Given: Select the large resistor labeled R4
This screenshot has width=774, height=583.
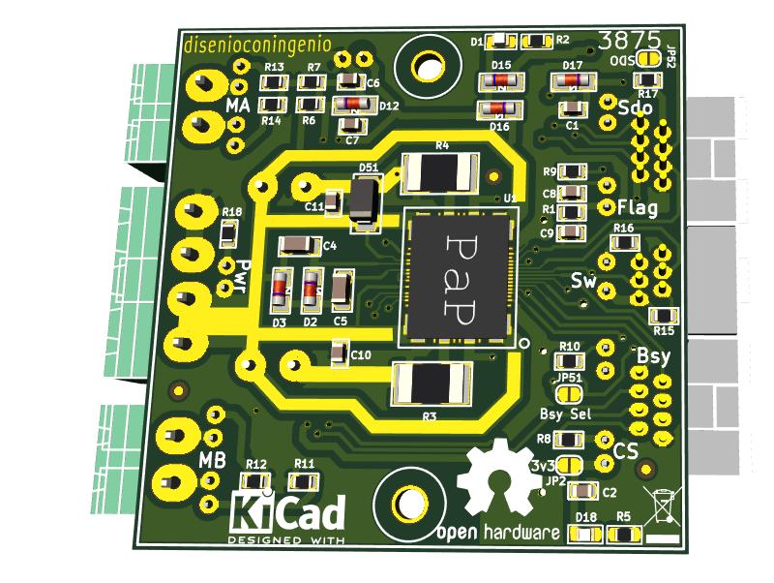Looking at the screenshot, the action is (440, 172).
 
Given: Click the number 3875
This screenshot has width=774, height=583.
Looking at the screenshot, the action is (630, 41).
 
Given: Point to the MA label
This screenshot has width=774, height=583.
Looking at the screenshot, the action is (237, 104).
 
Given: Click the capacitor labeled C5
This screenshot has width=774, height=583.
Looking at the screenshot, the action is (341, 289).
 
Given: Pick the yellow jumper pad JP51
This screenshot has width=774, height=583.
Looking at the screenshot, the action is (569, 393).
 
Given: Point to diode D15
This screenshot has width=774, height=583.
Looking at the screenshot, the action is (501, 81).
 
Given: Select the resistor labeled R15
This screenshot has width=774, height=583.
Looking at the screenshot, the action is (664, 315).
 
